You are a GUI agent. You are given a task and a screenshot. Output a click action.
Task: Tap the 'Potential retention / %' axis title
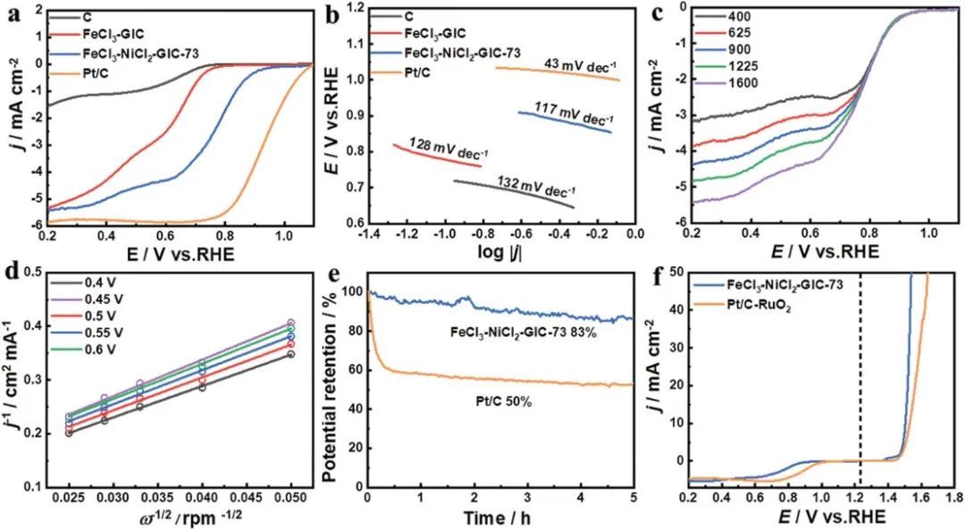click(336, 384)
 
